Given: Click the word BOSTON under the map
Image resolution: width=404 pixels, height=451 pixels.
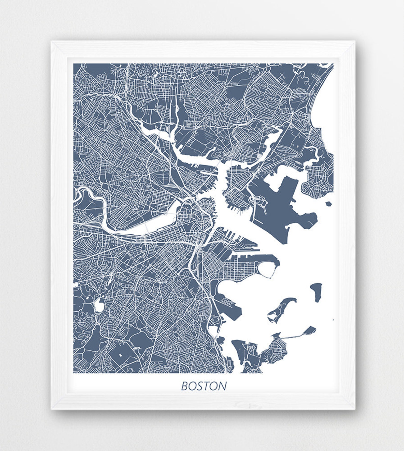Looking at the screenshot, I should [x=204, y=386].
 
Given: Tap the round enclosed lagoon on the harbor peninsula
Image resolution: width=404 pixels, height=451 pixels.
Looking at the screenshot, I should [x=266, y=270].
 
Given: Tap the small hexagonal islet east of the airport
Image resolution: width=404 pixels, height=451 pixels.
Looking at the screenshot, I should [x=329, y=204].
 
